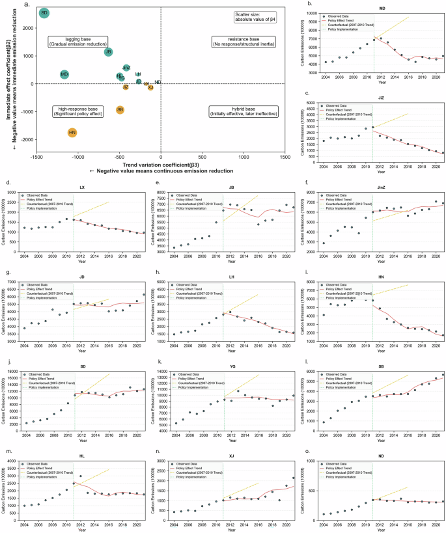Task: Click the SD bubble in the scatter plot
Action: click(x=44, y=12)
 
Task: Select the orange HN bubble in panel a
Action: click(x=72, y=133)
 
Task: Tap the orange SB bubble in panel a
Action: click(x=120, y=110)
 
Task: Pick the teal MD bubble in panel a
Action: click(x=64, y=75)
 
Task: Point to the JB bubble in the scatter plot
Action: click(x=109, y=51)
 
